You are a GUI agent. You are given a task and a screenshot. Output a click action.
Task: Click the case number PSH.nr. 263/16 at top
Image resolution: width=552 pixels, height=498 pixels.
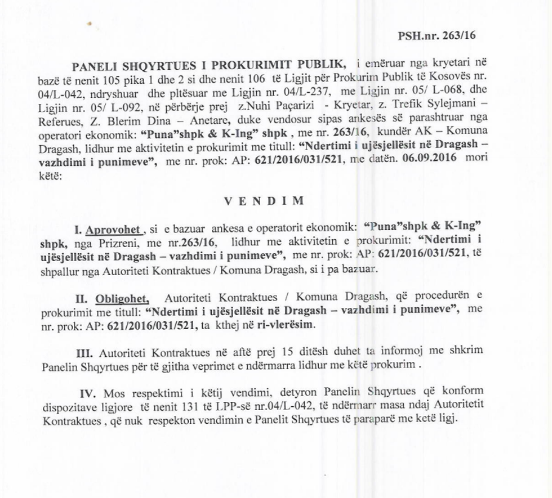(x=437, y=35)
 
